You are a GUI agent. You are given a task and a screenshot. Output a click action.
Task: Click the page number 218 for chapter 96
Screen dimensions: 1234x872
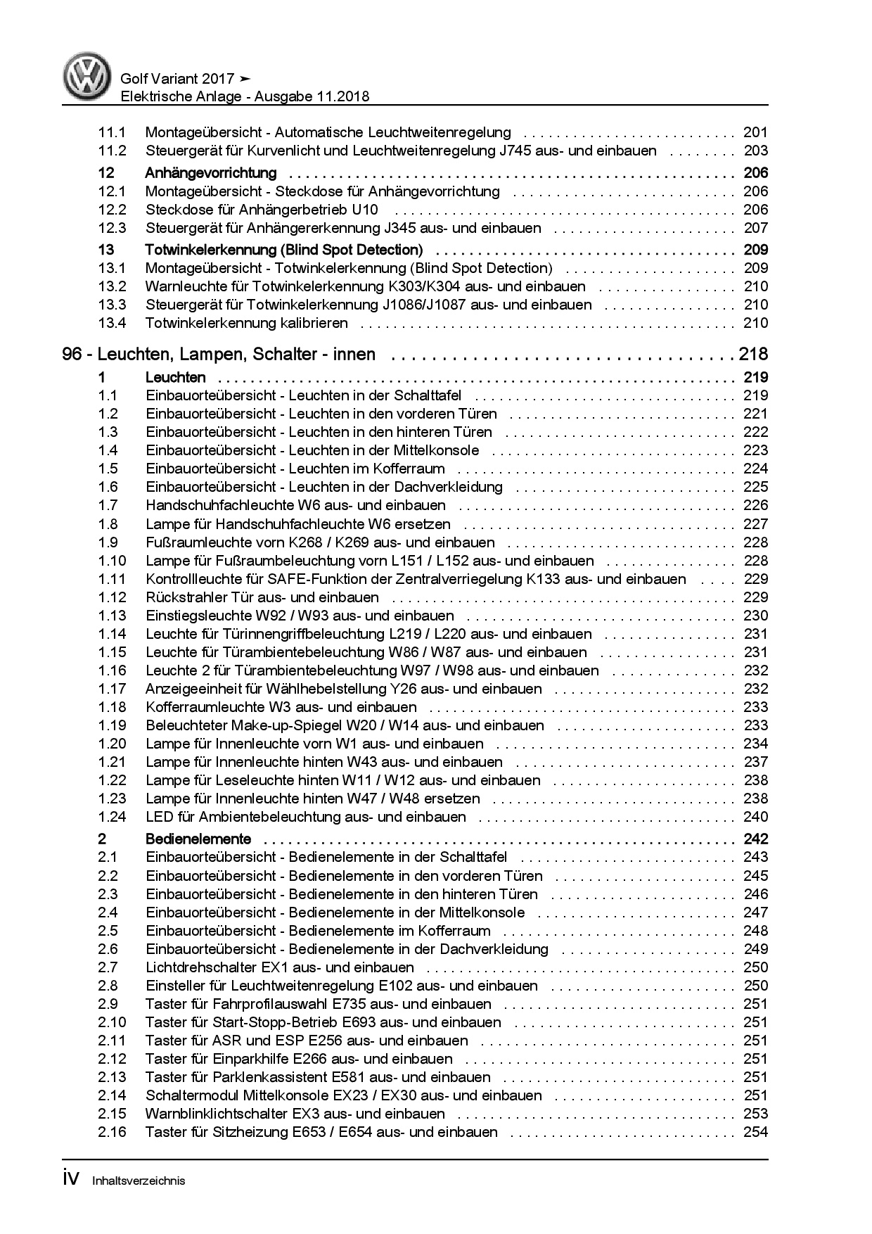pos(753,355)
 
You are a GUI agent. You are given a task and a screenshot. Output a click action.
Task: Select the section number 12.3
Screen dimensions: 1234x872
pos(112,228)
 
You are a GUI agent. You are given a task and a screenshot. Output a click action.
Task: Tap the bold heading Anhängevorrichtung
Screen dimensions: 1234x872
pos(210,173)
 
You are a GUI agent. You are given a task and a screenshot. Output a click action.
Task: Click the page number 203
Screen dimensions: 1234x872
pos(755,151)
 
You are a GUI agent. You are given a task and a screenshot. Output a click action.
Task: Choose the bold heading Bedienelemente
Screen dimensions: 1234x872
pos(198,839)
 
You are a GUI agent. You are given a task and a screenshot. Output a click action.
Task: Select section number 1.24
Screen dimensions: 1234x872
pos(112,817)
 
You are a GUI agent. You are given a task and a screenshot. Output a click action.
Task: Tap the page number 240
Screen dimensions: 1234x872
pos(755,817)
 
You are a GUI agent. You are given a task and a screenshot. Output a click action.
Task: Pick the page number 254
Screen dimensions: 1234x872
pos(755,1132)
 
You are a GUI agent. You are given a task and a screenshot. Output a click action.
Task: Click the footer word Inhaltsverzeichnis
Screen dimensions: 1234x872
pos(139,1181)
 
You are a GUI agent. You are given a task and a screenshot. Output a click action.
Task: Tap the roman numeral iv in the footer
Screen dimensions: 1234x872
pos(73,1178)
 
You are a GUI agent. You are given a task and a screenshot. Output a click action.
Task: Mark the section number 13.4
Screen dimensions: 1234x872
pos(112,323)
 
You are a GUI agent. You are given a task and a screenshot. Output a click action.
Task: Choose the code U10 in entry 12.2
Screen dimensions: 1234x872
pos(364,210)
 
